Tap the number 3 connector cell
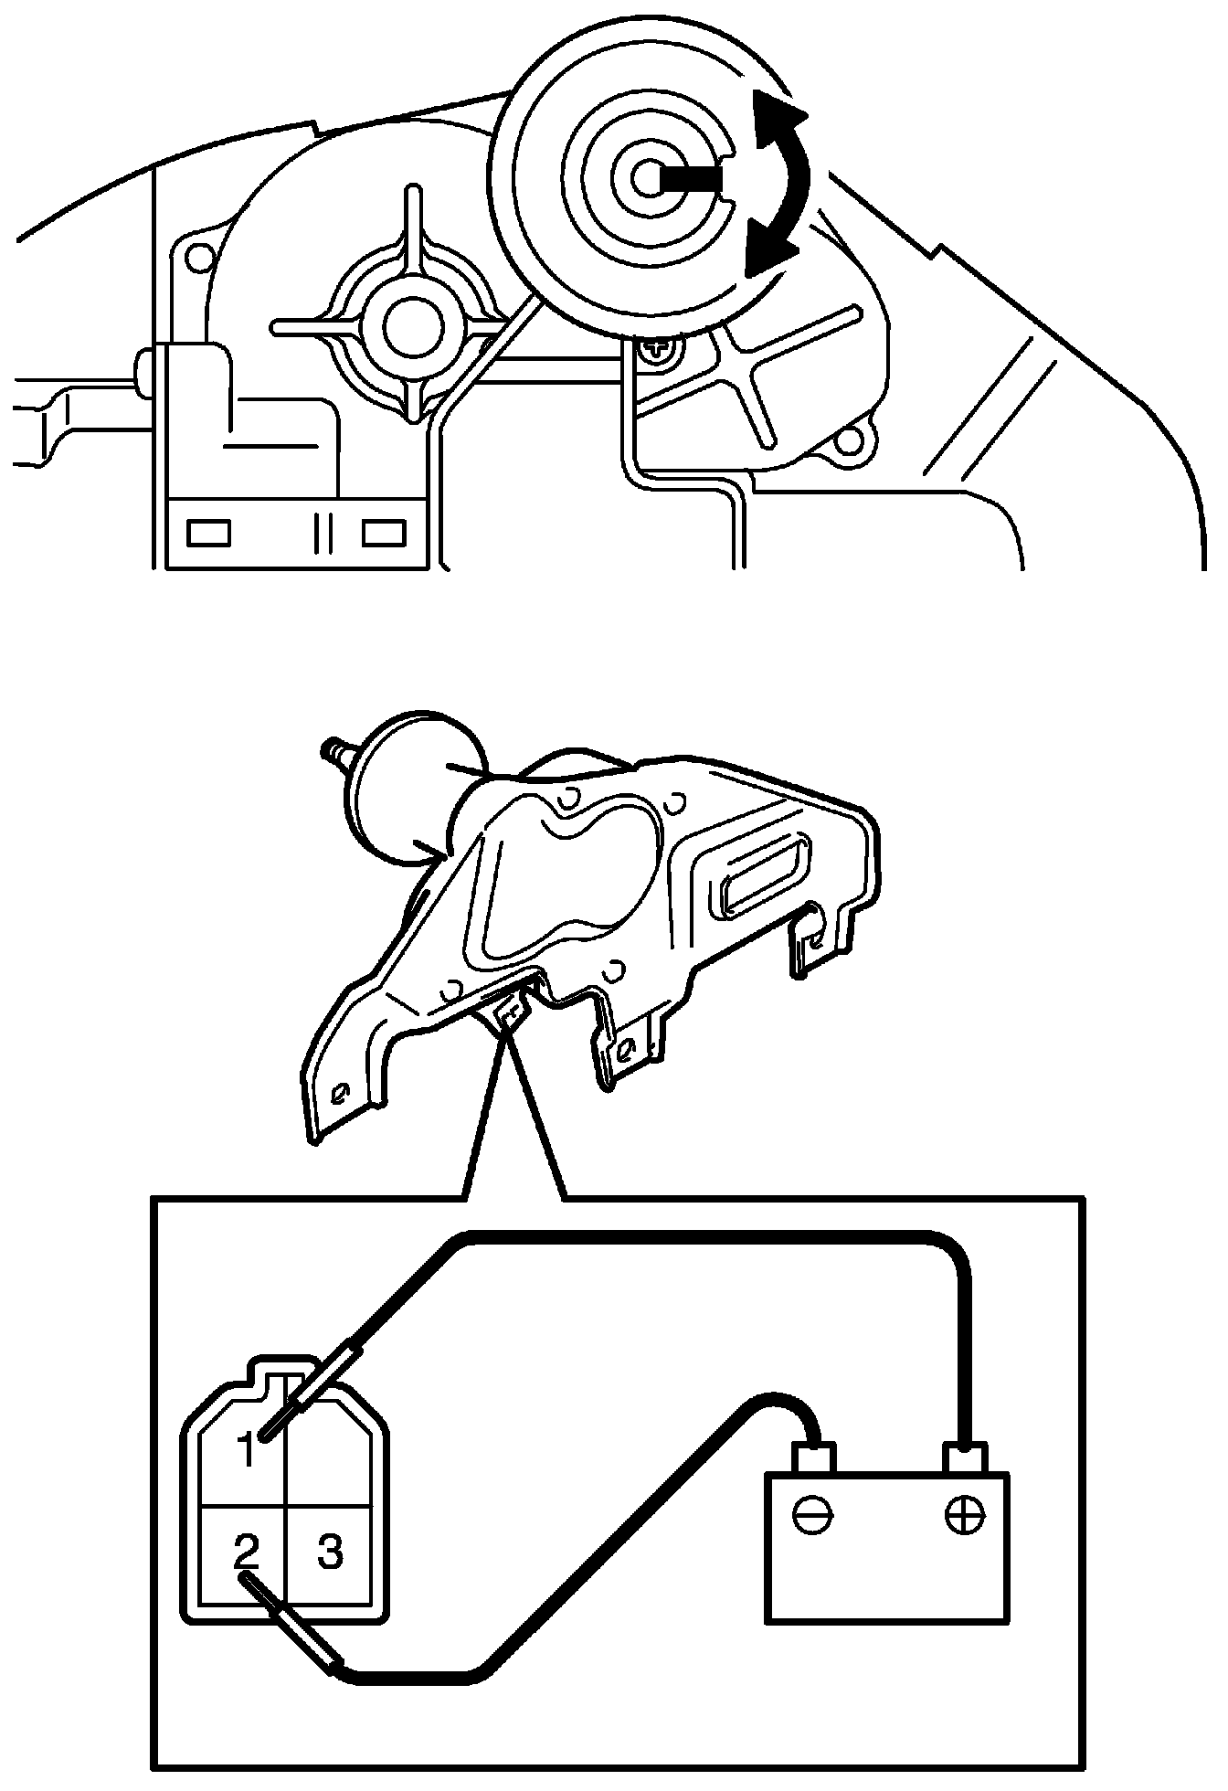point(329,1550)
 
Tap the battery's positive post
point(966,1455)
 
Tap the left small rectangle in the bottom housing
point(208,532)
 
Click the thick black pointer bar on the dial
point(691,180)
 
